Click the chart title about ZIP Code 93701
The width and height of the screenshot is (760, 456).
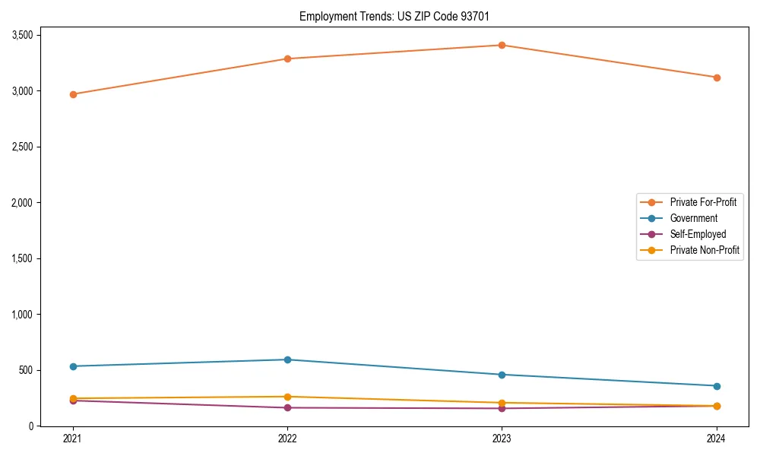pos(400,16)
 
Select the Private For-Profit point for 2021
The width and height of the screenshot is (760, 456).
pos(73,94)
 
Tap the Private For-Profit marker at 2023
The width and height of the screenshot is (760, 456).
pos(502,45)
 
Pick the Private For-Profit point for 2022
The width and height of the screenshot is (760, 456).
pos(287,59)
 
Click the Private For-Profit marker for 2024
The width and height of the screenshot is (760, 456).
pos(717,78)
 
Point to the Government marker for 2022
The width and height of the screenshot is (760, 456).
pos(287,359)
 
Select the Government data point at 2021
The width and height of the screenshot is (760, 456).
pos(73,366)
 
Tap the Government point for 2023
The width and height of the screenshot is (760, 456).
pos(502,375)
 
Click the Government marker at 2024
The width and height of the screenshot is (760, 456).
pos(717,386)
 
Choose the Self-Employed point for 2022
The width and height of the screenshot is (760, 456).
pos(287,408)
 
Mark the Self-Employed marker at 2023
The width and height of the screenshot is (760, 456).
pos(502,409)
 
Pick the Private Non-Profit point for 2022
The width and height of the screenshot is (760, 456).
pos(287,397)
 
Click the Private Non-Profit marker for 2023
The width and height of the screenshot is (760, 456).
pos(502,403)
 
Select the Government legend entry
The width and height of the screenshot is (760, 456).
pos(693,218)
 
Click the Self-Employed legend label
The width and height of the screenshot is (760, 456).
pos(698,234)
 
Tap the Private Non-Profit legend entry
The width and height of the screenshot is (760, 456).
pos(705,250)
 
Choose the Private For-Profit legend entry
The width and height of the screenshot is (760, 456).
pos(703,202)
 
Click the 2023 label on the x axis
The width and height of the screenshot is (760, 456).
pos(502,438)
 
